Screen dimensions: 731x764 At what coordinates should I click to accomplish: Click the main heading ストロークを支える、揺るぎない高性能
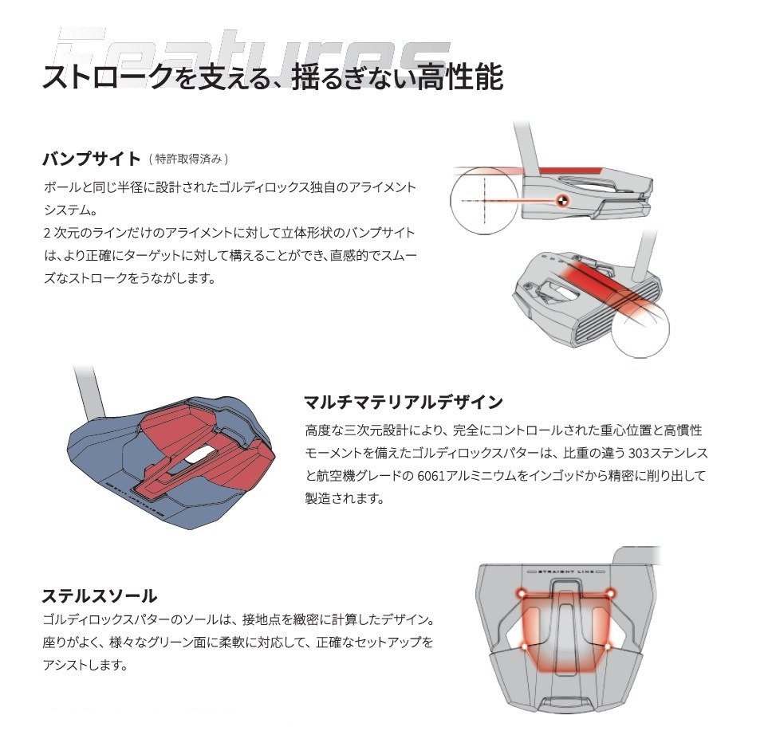click(x=272, y=78)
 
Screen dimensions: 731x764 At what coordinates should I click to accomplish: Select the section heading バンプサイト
click(x=91, y=159)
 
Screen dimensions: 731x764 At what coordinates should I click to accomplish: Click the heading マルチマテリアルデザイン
click(x=403, y=401)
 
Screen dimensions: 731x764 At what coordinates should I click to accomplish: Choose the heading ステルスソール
click(x=99, y=595)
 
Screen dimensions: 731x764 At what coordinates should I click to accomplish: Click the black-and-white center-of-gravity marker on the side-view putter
click(x=562, y=200)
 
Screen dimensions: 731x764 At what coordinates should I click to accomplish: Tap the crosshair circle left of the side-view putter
click(x=483, y=199)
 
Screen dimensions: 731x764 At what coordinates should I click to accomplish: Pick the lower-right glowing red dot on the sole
click(x=609, y=646)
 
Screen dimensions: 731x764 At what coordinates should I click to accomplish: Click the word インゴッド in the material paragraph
click(x=563, y=476)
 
